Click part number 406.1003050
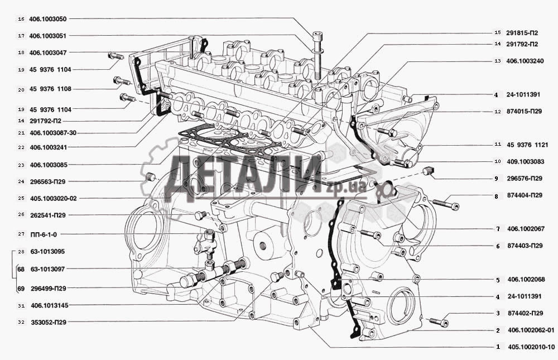(x=47, y=19)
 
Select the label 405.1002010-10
(x=531, y=347)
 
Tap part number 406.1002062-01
(x=531, y=330)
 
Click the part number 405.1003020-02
(x=54, y=198)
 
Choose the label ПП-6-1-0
(x=44, y=234)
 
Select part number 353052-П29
(x=49, y=322)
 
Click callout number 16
(x=21, y=19)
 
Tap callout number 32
(x=21, y=322)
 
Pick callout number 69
(x=21, y=289)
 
